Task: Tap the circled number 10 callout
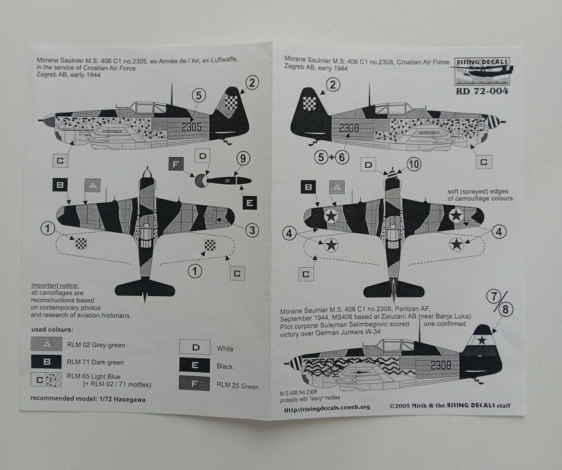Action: pos(413,165)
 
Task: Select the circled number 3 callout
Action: pos(251,230)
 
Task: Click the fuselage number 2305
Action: pos(191,126)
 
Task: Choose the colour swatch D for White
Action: pos(194,348)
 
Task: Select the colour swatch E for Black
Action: pos(194,366)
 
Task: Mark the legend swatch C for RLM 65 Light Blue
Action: pos(46,379)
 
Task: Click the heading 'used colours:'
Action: pos(52,330)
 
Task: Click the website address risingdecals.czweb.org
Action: pos(327,407)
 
